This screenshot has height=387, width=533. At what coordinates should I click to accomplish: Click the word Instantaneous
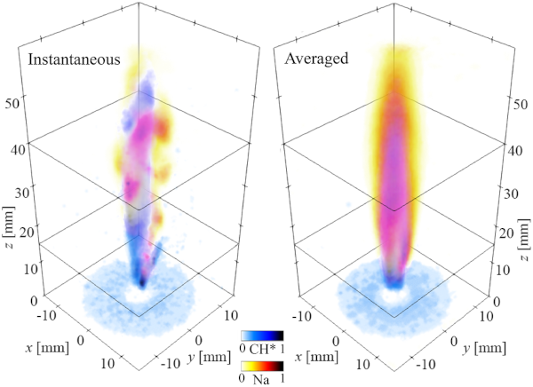pyautogui.click(x=73, y=61)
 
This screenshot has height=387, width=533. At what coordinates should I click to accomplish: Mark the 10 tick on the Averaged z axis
pyautogui.click(x=510, y=268)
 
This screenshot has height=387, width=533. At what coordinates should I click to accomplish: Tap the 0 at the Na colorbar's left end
pyautogui.click(x=243, y=379)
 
